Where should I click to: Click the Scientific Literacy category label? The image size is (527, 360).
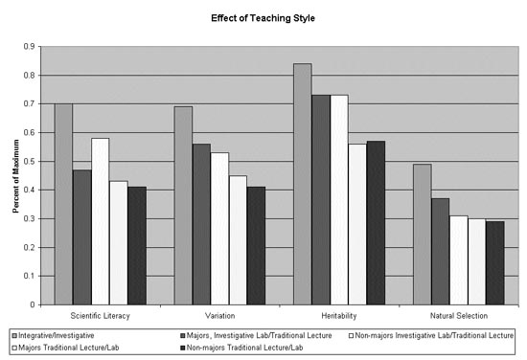pos(101,315)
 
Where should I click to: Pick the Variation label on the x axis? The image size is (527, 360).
pos(220,315)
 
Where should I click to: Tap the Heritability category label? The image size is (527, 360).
pos(340,315)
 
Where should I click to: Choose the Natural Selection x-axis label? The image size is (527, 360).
pos(459,315)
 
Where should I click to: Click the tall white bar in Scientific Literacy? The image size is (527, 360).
pos(101,221)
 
